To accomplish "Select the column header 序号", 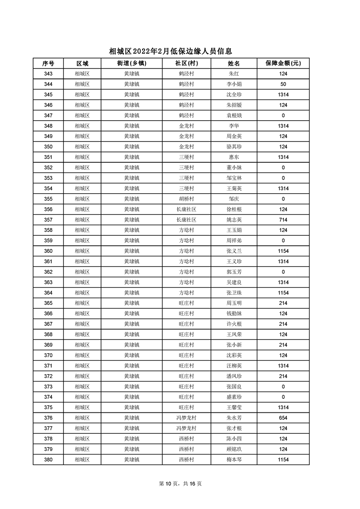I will point(48,63).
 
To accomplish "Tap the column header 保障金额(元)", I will point(283,63).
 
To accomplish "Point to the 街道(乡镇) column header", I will point(132,63).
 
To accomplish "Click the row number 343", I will point(48,74).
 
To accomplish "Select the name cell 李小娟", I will point(234,84).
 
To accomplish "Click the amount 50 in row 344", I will point(283,84).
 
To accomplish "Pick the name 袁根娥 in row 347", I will point(234,116).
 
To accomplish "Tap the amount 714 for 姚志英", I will point(283,220).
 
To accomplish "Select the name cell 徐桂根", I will point(234,210).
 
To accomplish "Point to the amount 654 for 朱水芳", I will point(283,418).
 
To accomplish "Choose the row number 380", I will point(48,460).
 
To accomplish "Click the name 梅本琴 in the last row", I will point(234,460).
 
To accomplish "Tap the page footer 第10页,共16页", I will point(180,484).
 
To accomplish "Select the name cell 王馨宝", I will point(234,408).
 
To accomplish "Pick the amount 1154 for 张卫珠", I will point(283,293).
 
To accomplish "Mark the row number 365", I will point(48,303).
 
